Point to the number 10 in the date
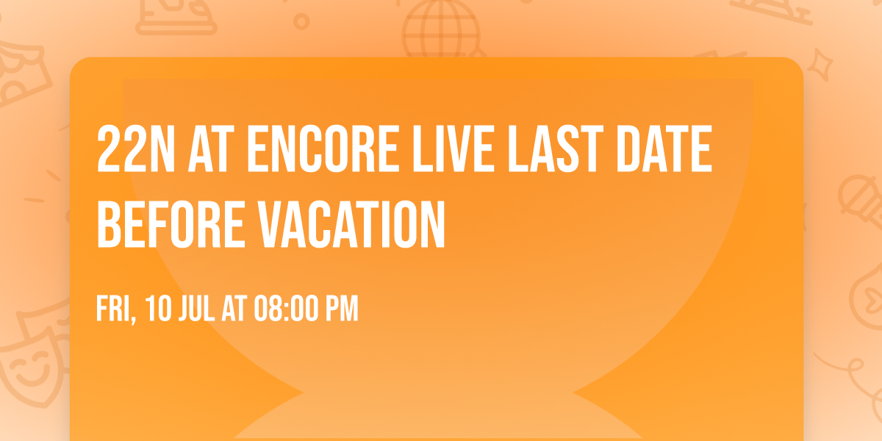[x=158, y=309]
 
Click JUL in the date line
[x=195, y=309]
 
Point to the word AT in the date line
[x=234, y=309]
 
